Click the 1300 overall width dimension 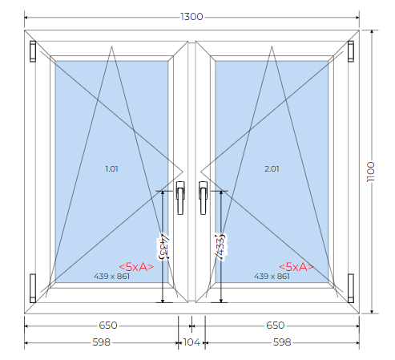pos(191,17)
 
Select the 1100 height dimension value pos(371,172)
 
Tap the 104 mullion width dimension pos(191,342)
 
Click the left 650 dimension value pos(108,326)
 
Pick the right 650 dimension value pos(276,326)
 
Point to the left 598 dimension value pos(102,342)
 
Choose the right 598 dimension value pos(282,342)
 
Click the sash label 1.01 pos(111,169)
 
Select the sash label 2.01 pos(272,169)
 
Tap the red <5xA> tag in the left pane pos(136,267)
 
